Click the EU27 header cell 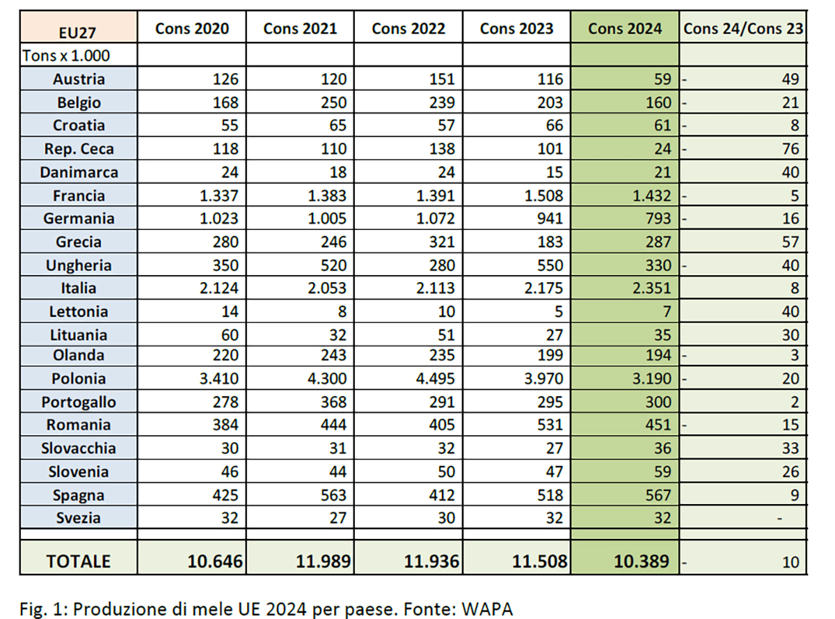[x=78, y=30]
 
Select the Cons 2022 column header [x=408, y=29]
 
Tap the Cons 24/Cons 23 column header [x=743, y=29]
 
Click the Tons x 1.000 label [x=56, y=55]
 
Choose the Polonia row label [x=79, y=379]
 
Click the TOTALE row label [x=79, y=561]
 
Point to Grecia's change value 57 [x=790, y=242]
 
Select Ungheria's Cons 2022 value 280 [x=442, y=265]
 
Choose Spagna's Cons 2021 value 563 [x=333, y=495]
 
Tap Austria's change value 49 [x=790, y=79]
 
